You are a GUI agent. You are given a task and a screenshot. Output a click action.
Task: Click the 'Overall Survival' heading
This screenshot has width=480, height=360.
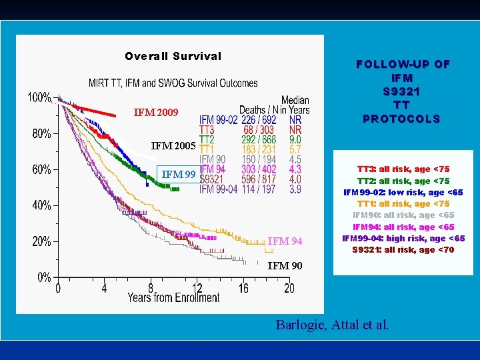tap(173, 56)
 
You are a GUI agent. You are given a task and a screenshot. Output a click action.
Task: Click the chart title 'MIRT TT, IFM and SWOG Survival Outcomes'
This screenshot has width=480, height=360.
tap(173, 83)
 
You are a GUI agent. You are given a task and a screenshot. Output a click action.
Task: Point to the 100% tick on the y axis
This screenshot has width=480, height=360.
tap(39, 97)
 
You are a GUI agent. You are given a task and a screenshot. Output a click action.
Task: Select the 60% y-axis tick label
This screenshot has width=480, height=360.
tap(41, 169)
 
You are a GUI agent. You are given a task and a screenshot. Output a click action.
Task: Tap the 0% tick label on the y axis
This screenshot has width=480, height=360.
tap(44, 277)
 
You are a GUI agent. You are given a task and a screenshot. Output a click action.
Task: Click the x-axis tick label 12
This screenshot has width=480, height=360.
tap(197, 289)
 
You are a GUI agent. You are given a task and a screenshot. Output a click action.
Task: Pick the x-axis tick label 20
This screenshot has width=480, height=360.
tap(289, 289)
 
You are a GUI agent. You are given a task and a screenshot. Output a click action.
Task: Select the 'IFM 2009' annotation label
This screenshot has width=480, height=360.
tap(156, 113)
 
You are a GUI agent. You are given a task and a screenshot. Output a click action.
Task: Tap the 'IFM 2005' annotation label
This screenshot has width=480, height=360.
tap(173, 146)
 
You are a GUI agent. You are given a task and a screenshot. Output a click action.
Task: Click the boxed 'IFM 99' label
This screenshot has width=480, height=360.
tap(179, 175)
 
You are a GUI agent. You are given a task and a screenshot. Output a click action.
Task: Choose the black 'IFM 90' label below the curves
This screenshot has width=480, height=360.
tap(285, 266)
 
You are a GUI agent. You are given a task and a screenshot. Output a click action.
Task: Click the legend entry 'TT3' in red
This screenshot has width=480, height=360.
tap(207, 130)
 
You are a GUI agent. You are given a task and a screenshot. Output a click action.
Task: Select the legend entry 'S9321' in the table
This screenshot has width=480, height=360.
tap(213, 180)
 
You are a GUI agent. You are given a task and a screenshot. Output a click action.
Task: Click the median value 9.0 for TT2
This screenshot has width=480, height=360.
tap(295, 140)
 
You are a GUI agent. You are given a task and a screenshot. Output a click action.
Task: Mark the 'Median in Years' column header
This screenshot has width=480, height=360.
tap(295, 105)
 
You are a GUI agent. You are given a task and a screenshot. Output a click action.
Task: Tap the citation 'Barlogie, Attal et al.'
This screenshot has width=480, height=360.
tap(332, 325)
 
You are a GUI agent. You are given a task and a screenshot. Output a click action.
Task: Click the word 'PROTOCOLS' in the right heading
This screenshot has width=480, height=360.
tap(401, 119)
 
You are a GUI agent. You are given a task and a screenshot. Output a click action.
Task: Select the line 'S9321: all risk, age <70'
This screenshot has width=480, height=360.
tap(403, 250)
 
